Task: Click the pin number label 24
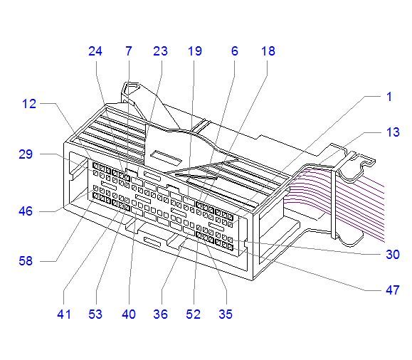tap(95, 51)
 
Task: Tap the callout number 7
tap(129, 51)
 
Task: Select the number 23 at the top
tap(160, 51)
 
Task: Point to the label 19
tap(195, 51)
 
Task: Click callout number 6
tap(235, 51)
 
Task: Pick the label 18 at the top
tap(268, 51)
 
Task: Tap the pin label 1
tap(389, 97)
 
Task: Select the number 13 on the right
tap(393, 132)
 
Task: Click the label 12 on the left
tap(29, 104)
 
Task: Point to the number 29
tap(26, 154)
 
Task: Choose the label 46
tap(26, 211)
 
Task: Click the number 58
tap(26, 261)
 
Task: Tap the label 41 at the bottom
tap(64, 314)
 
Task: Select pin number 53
tap(95, 314)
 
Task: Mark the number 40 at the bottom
tap(129, 314)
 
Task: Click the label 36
tap(160, 314)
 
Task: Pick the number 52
tap(193, 314)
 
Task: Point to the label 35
tap(226, 314)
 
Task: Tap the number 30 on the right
tap(393, 255)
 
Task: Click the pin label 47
tap(393, 290)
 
